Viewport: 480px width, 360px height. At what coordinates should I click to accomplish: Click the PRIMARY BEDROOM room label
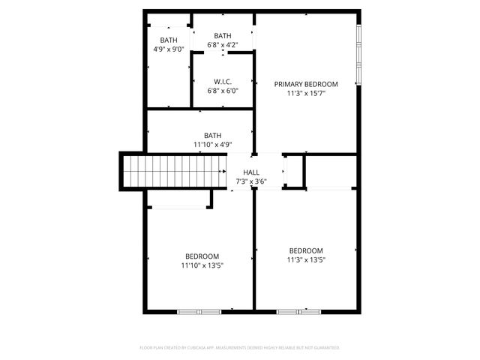[305, 84]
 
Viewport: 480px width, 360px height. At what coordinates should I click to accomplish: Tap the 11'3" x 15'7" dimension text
[305, 94]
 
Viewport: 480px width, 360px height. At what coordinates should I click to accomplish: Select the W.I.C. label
[222, 82]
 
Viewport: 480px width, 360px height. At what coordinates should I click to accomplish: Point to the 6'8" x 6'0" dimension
[222, 91]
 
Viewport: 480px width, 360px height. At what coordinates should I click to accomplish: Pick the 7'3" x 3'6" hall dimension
[241, 182]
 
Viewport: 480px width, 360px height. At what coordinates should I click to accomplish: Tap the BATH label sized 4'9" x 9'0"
[169, 40]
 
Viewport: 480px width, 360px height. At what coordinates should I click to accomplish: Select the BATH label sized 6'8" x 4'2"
[222, 36]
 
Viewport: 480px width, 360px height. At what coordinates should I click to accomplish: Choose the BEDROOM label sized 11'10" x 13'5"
[202, 256]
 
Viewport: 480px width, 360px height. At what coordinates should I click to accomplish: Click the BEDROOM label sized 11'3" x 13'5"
[306, 250]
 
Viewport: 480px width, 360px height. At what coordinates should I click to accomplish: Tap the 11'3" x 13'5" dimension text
[306, 259]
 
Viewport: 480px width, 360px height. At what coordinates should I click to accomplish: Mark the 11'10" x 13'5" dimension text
[202, 265]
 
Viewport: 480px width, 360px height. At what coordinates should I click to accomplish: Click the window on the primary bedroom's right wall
[359, 55]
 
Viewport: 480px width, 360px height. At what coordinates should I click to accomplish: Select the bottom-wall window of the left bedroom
[199, 310]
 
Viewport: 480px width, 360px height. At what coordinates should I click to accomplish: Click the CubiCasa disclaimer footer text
[240, 348]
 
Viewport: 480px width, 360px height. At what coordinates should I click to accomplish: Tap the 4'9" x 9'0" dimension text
[169, 49]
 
